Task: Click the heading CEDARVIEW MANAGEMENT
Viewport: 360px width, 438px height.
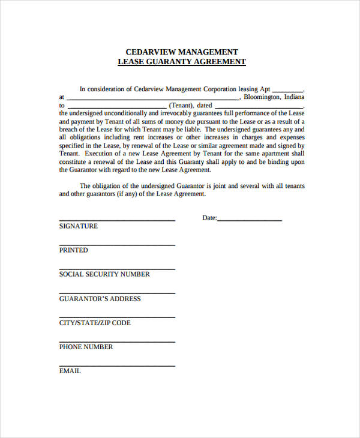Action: (181, 52)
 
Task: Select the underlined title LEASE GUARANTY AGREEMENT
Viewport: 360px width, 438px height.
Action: (181, 62)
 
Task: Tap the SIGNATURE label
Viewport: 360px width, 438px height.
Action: (78, 226)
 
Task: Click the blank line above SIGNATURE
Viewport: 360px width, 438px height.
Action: (117, 220)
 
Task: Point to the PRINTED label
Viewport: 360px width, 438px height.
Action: (73, 250)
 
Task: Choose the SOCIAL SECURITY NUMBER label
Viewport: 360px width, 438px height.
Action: (104, 274)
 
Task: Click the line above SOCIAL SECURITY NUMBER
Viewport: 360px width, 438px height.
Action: (117, 269)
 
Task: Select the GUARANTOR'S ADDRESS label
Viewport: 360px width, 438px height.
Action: (100, 299)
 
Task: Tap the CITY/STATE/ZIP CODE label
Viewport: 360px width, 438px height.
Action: (94, 323)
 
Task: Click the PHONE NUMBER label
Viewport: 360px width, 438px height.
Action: (86, 347)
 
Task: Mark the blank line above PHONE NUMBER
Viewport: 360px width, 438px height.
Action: (117, 341)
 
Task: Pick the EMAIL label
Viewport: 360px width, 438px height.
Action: (70, 371)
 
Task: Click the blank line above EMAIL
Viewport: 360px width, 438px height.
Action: (117, 365)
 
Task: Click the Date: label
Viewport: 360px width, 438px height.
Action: (209, 218)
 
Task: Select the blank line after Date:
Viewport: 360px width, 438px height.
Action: (250, 220)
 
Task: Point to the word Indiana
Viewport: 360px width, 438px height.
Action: (293, 97)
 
